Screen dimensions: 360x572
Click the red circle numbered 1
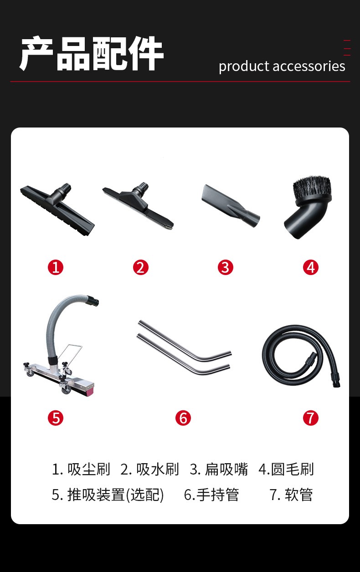(x=56, y=267)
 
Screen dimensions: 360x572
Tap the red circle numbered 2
(x=140, y=267)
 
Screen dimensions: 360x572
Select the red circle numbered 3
(x=226, y=267)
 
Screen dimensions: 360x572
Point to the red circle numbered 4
(x=311, y=267)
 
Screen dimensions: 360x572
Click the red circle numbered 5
(x=56, y=418)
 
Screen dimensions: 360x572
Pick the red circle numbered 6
(x=183, y=418)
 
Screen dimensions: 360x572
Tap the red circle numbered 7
(x=311, y=418)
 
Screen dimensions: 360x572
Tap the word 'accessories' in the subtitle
(x=309, y=66)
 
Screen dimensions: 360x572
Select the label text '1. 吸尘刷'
(x=81, y=469)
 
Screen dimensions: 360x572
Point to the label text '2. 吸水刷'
(x=149, y=469)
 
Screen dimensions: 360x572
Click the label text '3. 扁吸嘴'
(x=219, y=469)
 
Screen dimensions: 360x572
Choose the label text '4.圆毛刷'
(x=286, y=469)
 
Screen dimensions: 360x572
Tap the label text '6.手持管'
(x=211, y=495)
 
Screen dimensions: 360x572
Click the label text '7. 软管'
(x=291, y=495)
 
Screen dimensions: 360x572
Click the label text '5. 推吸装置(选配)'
(x=108, y=495)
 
